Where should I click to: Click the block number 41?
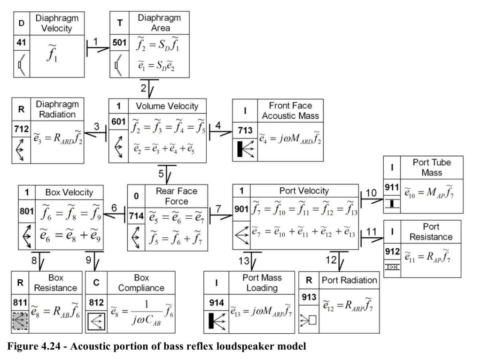click(21, 42)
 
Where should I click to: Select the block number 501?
click(119, 42)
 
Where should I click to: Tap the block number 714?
click(136, 216)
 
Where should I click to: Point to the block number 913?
click(309, 297)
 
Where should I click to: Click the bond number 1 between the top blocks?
click(96, 41)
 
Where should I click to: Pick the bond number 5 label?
click(161, 174)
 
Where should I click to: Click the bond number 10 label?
click(371, 193)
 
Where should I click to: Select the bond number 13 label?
click(244, 261)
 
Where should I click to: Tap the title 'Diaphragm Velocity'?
click(57, 23)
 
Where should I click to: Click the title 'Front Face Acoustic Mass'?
click(290, 111)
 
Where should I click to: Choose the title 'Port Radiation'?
click(349, 280)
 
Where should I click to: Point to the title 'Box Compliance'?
click(141, 283)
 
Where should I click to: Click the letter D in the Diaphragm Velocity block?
click(22, 23)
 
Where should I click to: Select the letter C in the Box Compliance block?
click(96, 283)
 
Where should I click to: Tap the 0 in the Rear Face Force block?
click(136, 196)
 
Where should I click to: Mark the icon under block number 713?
click(245, 149)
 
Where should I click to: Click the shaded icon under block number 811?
click(20, 321)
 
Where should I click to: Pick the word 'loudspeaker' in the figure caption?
click(244, 346)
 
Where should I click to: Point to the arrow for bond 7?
click(221, 217)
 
